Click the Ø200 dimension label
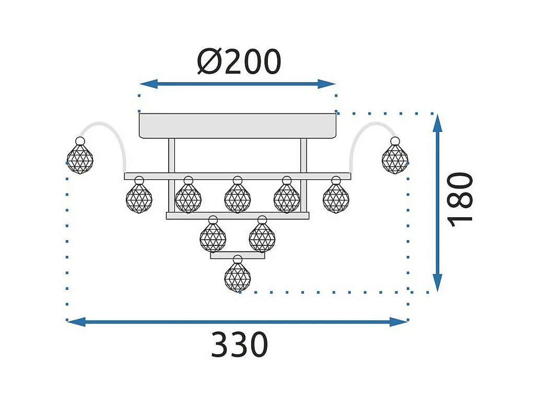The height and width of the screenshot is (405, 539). click(x=239, y=62)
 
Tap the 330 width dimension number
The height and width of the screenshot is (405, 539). click(x=239, y=344)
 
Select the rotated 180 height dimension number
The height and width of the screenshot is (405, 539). click(x=461, y=199)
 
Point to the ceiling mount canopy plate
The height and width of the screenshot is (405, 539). click(x=238, y=126)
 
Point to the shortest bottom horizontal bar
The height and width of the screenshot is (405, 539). click(x=238, y=255)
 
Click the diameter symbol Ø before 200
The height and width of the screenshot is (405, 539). click(x=209, y=62)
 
